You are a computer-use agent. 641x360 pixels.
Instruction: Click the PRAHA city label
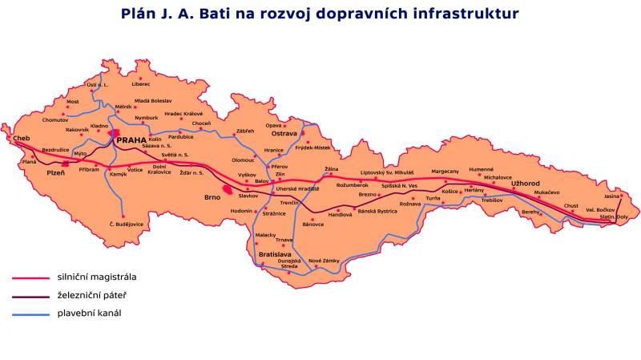tap(132, 140)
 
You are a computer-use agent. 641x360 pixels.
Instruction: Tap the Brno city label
tap(212, 196)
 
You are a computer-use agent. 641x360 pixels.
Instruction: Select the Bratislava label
tap(275, 254)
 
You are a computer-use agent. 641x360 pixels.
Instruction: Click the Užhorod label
tap(526, 184)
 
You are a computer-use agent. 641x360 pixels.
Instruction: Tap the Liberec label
tap(142, 84)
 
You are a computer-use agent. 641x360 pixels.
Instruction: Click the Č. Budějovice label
tap(123, 224)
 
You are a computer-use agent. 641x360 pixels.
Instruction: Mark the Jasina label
tap(612, 196)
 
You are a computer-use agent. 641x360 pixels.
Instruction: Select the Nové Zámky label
tap(325, 261)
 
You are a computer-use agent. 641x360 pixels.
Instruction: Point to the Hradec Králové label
tap(184, 114)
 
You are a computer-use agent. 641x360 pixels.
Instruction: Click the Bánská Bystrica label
tap(377, 211)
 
